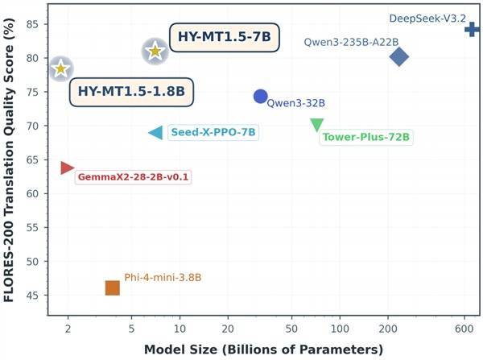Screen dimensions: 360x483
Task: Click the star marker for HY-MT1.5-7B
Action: click(x=155, y=52)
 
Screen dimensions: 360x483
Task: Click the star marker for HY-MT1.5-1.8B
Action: click(x=60, y=69)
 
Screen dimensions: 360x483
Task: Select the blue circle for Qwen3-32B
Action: click(x=260, y=97)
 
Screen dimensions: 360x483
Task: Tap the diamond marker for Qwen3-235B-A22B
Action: click(x=399, y=56)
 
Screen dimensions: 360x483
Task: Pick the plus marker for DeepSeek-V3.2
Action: click(x=472, y=30)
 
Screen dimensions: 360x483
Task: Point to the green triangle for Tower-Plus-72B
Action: click(x=317, y=125)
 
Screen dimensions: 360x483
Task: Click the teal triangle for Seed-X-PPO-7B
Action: click(x=156, y=133)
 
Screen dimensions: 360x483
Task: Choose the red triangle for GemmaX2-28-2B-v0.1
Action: click(x=67, y=168)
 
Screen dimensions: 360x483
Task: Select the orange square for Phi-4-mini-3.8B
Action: click(x=113, y=288)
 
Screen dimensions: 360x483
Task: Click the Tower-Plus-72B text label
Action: click(x=366, y=137)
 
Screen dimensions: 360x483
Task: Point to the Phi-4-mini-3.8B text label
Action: click(x=163, y=278)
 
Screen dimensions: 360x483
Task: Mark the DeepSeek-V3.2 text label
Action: click(x=427, y=17)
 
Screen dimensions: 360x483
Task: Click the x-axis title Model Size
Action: click(x=263, y=350)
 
